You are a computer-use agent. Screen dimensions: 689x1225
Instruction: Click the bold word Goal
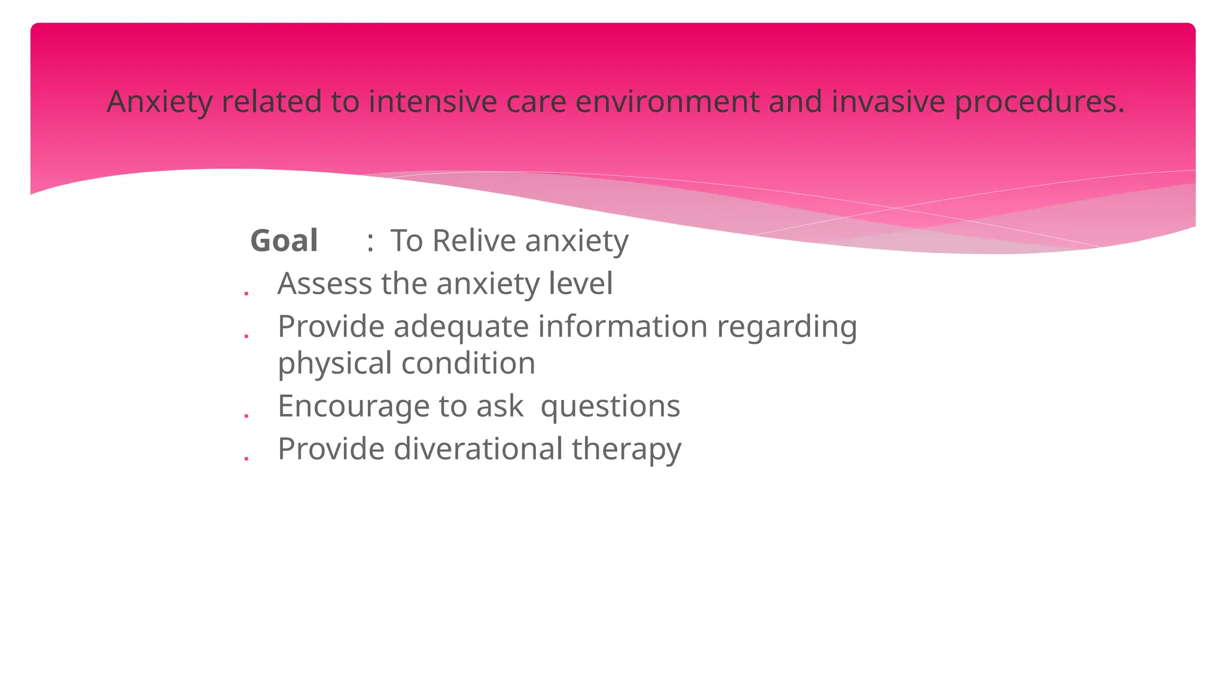point(284,241)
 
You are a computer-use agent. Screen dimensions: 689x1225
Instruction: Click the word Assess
point(324,283)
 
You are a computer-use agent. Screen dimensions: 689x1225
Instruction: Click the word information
point(623,327)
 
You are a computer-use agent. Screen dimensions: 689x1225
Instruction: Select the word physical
point(335,364)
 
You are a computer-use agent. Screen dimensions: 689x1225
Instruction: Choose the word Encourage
point(354,407)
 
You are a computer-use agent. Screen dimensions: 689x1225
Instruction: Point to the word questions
point(610,407)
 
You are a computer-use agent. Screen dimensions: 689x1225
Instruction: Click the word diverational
point(478,449)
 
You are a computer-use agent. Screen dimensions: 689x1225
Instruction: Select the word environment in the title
point(667,101)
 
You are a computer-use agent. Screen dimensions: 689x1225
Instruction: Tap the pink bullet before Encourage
point(246,416)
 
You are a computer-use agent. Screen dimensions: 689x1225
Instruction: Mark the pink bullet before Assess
point(246,294)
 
